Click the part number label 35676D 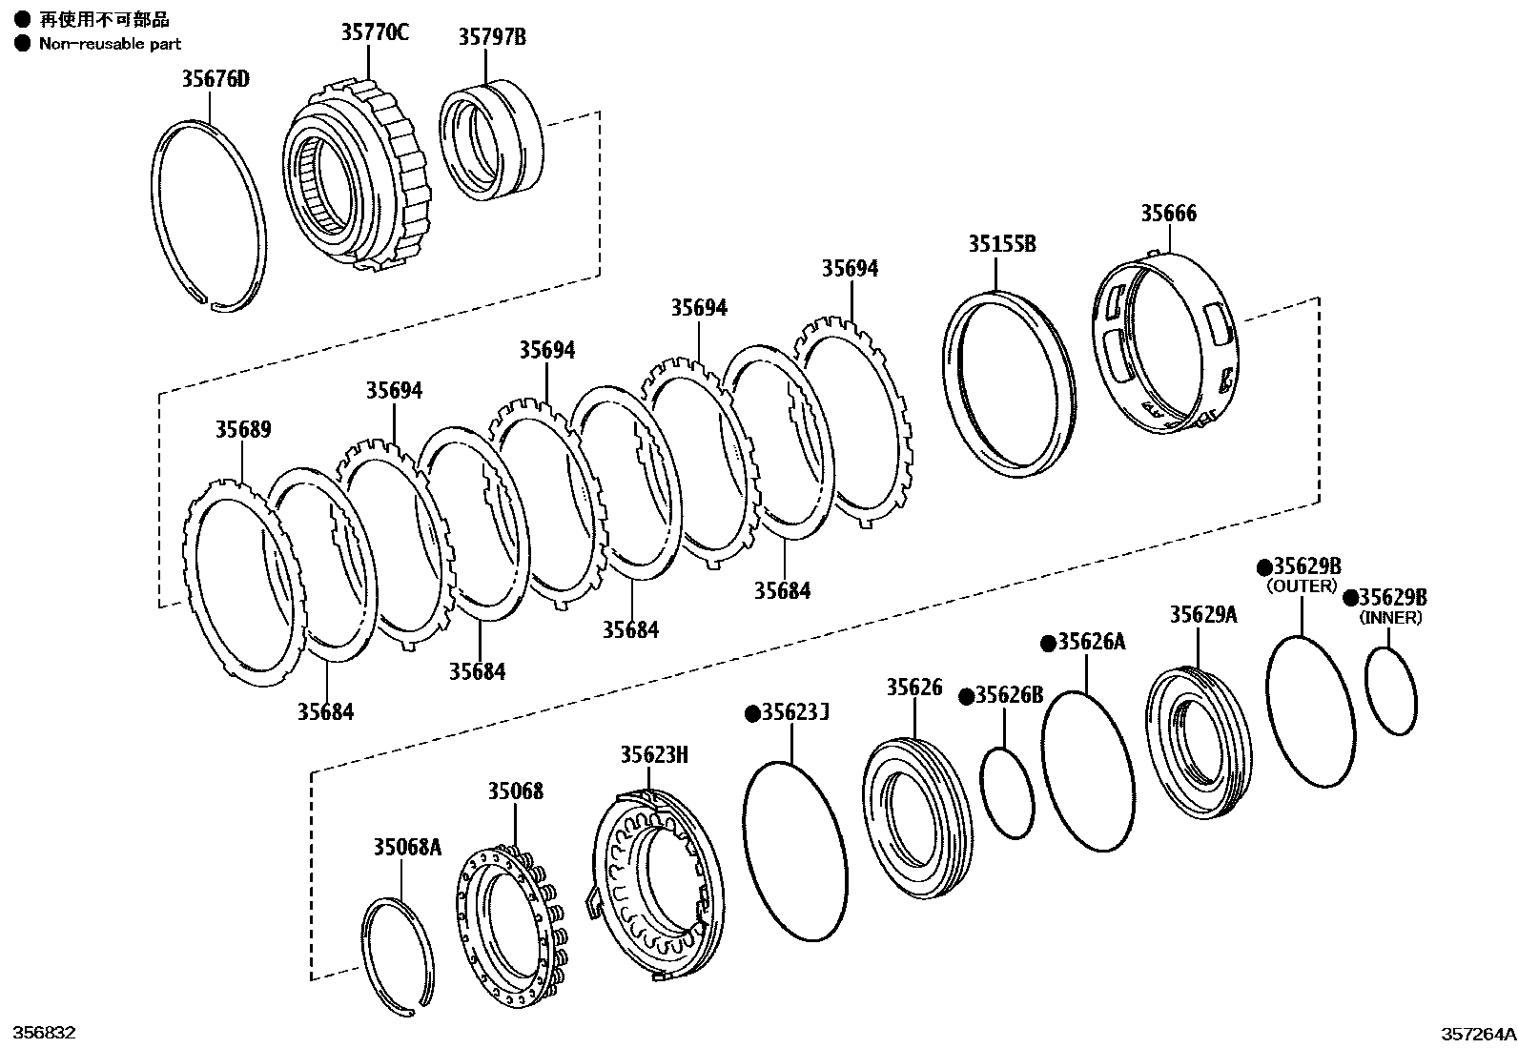[215, 78]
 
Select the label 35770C [375, 32]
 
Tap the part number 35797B [492, 37]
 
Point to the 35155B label [1002, 244]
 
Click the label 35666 [1168, 213]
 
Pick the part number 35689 [242, 429]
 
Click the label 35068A [407, 847]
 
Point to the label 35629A [1203, 614]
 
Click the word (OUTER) [1302, 586]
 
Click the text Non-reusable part [110, 44]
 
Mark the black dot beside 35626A [1047, 643]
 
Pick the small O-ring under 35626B [1008, 793]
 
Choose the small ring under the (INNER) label [1391, 691]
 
